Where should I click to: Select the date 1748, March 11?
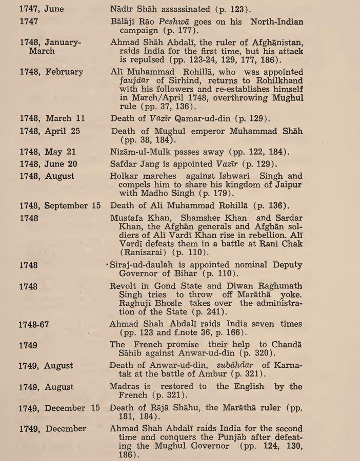(x=52, y=118)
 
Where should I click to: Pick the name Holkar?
(x=125, y=176)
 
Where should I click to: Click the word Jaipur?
(x=289, y=185)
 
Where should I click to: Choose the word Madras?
(x=125, y=387)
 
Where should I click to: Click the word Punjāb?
(x=221, y=437)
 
